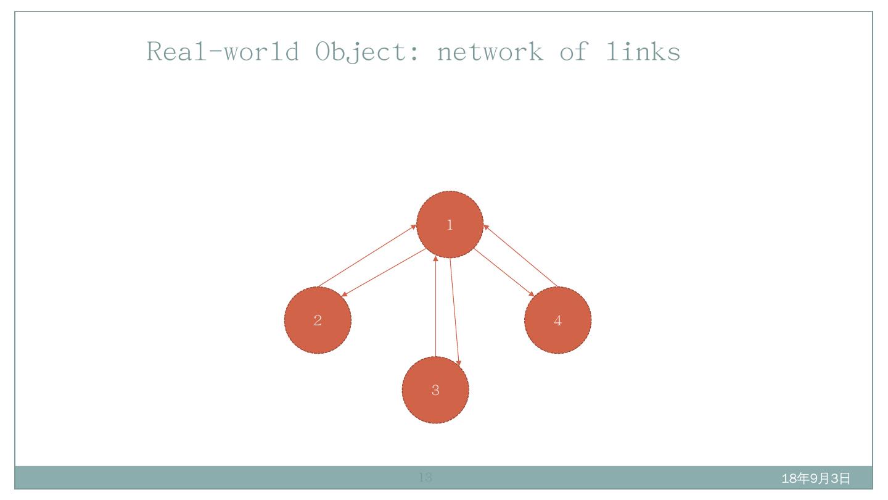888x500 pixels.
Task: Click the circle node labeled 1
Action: pos(450,224)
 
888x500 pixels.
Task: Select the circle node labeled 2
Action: pos(318,320)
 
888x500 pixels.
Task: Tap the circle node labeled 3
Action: pos(435,390)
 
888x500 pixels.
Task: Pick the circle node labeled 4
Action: pos(557,320)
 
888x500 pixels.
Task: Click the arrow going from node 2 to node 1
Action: pos(367,256)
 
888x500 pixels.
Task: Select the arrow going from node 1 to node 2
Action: pos(384,272)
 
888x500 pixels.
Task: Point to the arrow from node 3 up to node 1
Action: pos(436,306)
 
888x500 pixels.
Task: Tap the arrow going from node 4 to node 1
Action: pos(520,256)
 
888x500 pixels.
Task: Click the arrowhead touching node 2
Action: pos(345,294)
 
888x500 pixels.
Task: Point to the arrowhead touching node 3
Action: pos(458,362)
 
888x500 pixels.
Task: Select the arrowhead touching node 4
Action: pos(532,293)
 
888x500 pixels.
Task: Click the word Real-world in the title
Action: pos(223,51)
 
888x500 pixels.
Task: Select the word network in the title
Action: pos(490,51)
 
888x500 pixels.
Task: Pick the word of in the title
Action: pos(574,51)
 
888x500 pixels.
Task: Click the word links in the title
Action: pos(643,51)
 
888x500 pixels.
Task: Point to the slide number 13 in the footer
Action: pos(425,477)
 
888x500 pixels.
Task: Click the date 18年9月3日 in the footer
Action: pos(815,478)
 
